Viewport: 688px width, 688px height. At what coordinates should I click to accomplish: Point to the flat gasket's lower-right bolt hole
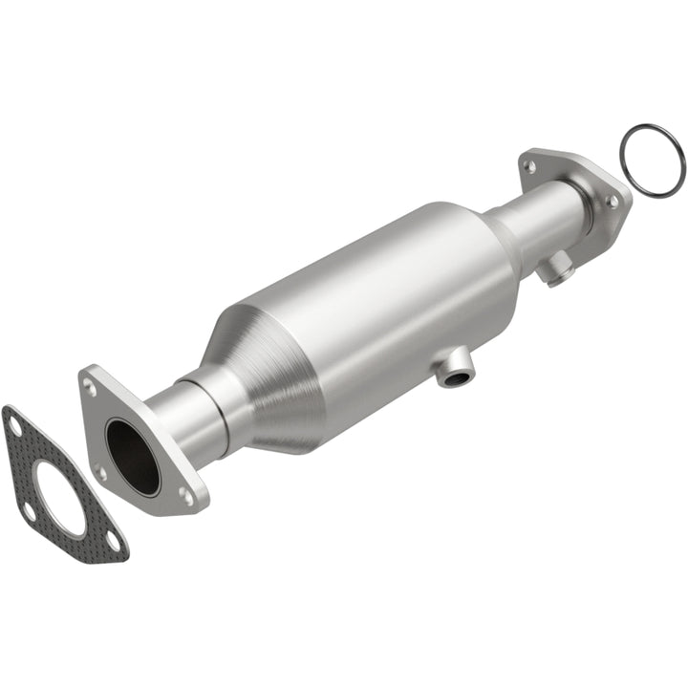[x=113, y=541]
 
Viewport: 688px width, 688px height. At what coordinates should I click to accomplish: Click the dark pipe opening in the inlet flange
[x=133, y=457]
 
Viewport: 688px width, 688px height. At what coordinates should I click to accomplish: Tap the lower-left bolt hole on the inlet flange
[x=99, y=469]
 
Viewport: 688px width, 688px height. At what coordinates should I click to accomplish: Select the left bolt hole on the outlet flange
[x=528, y=166]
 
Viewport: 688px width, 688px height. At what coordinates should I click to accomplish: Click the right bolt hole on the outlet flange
[x=612, y=202]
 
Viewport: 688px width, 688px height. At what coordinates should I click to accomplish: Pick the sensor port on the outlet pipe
[x=557, y=270]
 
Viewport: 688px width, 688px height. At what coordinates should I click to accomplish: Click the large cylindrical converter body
[x=382, y=306]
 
